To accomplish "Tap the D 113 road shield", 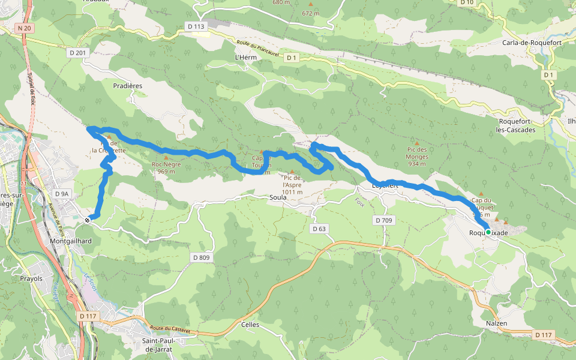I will (196, 26).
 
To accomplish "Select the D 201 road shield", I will (77, 53).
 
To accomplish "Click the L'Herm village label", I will (246, 57).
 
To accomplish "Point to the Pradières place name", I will (127, 86).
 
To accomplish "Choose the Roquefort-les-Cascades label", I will (520, 125).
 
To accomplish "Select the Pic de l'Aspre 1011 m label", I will (292, 185).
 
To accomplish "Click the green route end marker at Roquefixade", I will (488, 232).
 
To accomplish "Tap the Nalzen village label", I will (496, 323).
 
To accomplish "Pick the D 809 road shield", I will (202, 257).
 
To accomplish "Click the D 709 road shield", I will (383, 220).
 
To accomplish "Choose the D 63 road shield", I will (319, 229).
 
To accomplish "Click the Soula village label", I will (278, 197).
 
